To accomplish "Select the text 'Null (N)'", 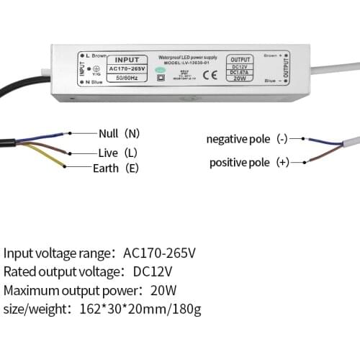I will pos(120,133).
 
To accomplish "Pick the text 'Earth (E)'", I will pos(116,168).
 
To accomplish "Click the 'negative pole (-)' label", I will pos(248,139).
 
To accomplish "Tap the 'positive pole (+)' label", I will pos(249,163).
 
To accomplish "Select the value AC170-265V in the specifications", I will pos(159,253).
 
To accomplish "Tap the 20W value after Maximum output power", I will pos(165,290).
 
